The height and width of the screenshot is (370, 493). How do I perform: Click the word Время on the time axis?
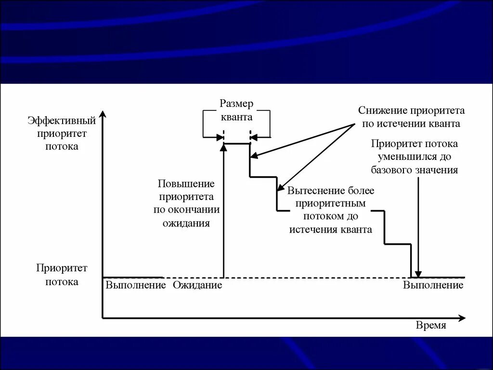431,326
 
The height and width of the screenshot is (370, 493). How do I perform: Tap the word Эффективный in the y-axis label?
62,120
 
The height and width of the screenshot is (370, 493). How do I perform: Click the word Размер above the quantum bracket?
236,104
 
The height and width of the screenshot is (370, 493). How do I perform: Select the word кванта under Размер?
236,117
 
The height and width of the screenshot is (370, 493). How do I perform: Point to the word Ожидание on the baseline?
197,285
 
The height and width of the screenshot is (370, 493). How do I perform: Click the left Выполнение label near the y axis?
136,285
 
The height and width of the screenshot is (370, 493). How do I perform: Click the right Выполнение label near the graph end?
433,285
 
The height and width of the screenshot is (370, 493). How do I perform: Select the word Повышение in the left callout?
186,184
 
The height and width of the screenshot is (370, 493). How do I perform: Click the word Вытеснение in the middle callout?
311,191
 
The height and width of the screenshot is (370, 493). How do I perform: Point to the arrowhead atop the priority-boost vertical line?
223,147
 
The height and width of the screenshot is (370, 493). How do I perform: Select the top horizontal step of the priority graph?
236,144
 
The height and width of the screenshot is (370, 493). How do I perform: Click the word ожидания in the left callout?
186,224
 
